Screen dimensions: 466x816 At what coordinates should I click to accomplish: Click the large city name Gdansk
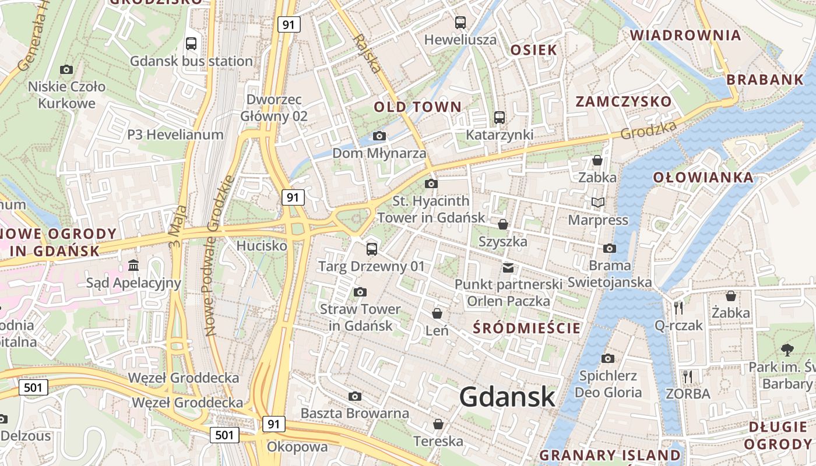tap(507, 397)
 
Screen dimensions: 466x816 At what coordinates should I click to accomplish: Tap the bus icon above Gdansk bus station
tap(191, 43)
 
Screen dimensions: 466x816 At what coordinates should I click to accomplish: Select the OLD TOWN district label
tap(417, 107)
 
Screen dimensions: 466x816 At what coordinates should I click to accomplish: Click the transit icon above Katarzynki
tap(500, 117)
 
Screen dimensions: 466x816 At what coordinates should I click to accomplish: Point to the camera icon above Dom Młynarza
tap(379, 136)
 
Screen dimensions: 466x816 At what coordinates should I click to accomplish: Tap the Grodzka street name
tap(648, 130)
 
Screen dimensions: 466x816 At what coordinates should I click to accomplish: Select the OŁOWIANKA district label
tap(703, 178)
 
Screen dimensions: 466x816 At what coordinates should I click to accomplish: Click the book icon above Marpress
tap(598, 202)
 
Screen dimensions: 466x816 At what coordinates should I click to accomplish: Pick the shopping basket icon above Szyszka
tap(503, 224)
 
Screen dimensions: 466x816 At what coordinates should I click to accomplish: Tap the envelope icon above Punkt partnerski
tap(509, 267)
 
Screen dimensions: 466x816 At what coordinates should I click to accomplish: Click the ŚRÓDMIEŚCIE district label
tap(527, 327)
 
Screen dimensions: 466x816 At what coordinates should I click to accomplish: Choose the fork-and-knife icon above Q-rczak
tap(678, 307)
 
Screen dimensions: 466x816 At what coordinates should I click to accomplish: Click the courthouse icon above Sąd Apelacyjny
tap(133, 266)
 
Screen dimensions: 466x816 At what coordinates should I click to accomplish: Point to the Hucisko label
tap(262, 246)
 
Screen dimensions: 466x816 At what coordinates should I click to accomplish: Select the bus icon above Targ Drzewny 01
tap(372, 249)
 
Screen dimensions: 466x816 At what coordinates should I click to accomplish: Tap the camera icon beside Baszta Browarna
tap(355, 397)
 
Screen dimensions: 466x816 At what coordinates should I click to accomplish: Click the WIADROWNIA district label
tap(685, 35)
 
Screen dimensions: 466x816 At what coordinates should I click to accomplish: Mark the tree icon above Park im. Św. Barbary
tap(787, 349)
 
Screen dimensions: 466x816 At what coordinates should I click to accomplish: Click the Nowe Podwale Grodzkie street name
tap(219, 256)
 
